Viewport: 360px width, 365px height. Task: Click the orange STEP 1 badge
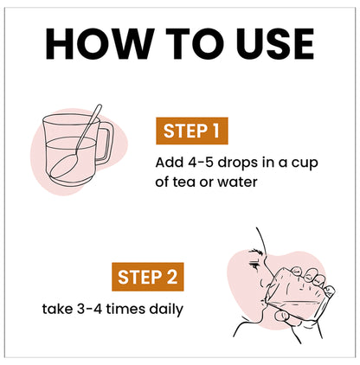pyautogui.click(x=191, y=132)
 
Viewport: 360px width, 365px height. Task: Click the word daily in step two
pyautogui.click(x=165, y=308)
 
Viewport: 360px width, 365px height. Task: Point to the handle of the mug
pyautogui.click(x=105, y=143)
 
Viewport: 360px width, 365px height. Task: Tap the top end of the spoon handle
pyautogui.click(x=99, y=107)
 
